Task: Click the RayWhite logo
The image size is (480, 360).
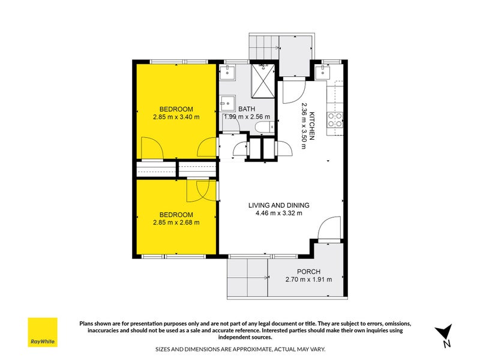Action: pyautogui.click(x=43, y=332)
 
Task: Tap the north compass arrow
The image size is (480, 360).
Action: pyautogui.click(x=443, y=334)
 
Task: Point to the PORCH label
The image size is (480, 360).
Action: pyautogui.click(x=307, y=271)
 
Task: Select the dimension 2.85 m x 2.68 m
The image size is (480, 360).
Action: pyautogui.click(x=176, y=222)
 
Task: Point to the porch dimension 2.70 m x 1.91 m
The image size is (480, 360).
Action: pyautogui.click(x=307, y=279)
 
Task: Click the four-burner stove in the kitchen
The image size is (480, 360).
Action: pyautogui.click(x=334, y=120)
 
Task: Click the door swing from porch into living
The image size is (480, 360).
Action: pyautogui.click(x=329, y=230)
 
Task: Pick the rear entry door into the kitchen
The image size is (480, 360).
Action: pyautogui.click(x=293, y=91)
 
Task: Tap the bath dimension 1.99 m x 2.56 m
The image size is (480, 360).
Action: pyautogui.click(x=247, y=117)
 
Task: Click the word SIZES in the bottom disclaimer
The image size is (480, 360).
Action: pyautogui.click(x=165, y=348)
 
